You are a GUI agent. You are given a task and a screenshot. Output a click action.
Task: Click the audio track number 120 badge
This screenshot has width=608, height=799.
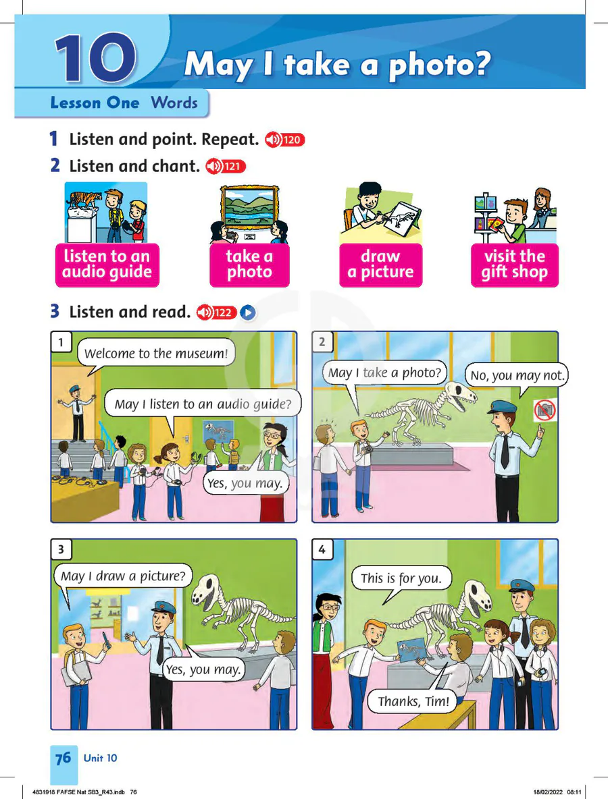[284, 140]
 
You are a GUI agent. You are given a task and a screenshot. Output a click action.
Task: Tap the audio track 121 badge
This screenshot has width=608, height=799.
[226, 166]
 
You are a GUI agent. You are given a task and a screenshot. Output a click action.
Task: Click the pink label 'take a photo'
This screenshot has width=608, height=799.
[249, 265]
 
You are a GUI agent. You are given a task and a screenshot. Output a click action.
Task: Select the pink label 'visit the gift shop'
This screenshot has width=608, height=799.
[515, 265]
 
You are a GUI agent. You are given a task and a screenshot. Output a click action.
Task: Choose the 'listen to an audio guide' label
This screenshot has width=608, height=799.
[107, 265]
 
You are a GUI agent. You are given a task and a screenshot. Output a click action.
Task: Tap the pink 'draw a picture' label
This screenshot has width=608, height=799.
[380, 265]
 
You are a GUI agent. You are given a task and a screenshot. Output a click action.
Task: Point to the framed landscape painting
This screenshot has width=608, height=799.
[249, 207]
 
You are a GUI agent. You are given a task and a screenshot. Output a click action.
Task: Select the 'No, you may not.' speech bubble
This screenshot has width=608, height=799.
[517, 376]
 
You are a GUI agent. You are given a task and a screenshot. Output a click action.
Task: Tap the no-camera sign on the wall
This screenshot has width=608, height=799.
[544, 410]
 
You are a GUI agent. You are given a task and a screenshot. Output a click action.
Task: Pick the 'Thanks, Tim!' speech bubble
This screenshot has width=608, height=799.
[413, 702]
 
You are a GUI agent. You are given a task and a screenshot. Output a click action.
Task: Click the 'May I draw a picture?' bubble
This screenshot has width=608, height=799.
[123, 576]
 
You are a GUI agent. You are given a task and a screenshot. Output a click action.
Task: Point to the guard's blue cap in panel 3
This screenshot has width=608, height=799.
[165, 607]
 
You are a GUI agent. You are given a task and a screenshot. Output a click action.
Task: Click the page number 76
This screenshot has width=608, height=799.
[64, 759]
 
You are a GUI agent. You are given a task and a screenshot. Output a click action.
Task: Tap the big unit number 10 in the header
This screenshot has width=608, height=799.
[96, 58]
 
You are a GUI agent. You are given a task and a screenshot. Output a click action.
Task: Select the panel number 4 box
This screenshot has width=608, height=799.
[322, 549]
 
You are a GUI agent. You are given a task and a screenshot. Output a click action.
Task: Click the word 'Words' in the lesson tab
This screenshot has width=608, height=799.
[174, 103]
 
